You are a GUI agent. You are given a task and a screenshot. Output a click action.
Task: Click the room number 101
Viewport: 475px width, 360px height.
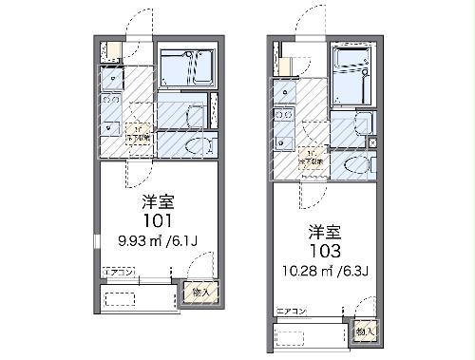157,220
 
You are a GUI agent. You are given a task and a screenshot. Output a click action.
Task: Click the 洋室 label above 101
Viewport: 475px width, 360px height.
157,200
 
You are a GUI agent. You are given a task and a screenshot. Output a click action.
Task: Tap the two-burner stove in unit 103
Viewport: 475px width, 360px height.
282,117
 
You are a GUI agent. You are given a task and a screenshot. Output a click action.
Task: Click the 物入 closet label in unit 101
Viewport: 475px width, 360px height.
202,293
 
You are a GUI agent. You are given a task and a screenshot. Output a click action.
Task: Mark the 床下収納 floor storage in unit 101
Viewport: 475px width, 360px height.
138,135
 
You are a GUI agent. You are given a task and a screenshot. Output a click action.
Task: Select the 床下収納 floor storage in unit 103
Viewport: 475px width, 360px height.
312,159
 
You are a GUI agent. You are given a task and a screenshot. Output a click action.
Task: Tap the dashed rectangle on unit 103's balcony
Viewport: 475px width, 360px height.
307,337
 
